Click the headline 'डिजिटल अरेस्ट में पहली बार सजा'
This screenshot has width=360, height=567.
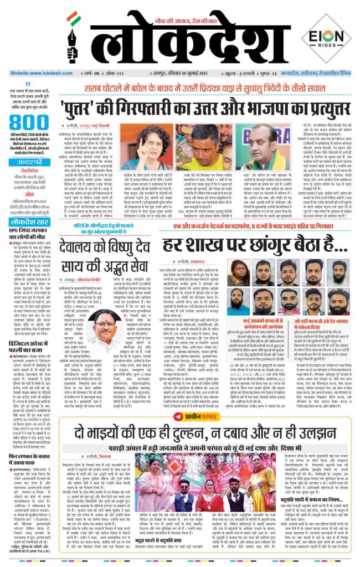click(27, 333)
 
